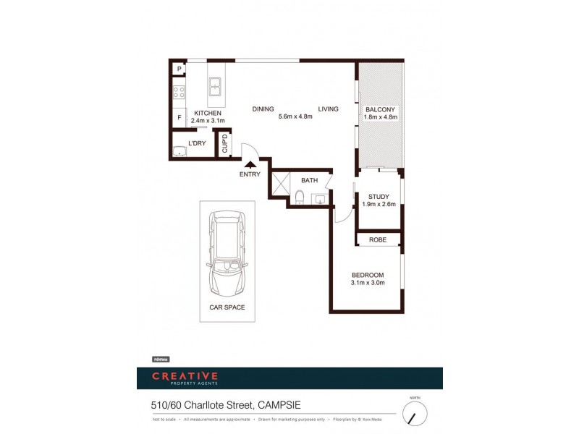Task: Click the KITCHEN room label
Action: [x=208, y=114]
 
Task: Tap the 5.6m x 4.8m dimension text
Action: [x=295, y=116]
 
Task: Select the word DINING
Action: [x=263, y=109]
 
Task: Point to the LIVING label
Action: [x=328, y=109]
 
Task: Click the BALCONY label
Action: [x=380, y=109]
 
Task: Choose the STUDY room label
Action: [x=379, y=197]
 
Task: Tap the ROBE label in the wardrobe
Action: [x=378, y=239]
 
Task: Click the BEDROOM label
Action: [x=368, y=275]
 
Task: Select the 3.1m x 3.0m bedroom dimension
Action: [x=368, y=283]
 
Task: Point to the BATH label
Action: [x=310, y=179]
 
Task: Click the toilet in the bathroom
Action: [x=299, y=197]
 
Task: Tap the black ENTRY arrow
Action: [x=250, y=166]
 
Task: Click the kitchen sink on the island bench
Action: [x=215, y=88]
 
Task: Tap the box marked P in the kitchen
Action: [x=178, y=69]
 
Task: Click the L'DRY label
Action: [x=197, y=142]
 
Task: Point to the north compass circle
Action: [x=415, y=414]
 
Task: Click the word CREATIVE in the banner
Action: [x=185, y=375]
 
